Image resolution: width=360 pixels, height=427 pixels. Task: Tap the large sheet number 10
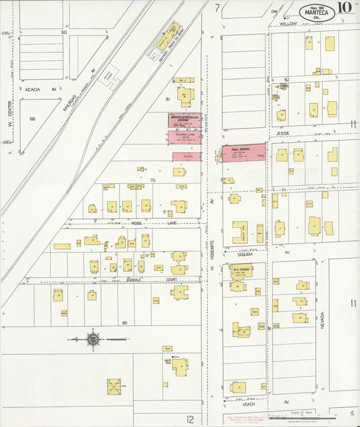pos(344,7)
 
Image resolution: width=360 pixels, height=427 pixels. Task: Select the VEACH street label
pos(248,404)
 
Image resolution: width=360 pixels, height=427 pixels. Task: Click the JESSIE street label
pos(284,134)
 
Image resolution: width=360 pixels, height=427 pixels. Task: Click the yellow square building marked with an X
pos(113,386)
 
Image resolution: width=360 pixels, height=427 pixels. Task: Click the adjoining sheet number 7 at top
pos(217,8)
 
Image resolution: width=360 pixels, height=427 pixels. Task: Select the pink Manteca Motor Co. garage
pos(184,120)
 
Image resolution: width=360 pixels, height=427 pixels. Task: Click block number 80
pos(125,322)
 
